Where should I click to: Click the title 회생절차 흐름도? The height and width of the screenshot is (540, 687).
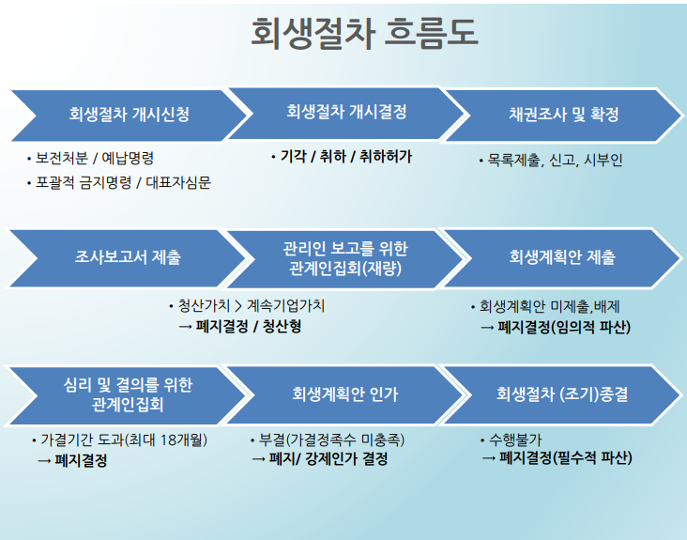[364, 34]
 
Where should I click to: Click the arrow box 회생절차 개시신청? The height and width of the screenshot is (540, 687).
[129, 116]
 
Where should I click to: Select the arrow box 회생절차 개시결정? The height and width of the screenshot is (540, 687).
[346, 113]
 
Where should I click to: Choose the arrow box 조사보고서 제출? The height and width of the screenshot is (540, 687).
[129, 255]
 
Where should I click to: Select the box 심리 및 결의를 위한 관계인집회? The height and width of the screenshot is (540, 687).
[129, 394]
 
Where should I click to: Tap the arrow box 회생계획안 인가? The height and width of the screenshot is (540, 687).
[345, 394]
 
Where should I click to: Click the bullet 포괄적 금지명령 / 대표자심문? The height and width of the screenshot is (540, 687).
[123, 182]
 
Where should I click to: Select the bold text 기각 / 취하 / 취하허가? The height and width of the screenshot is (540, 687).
[345, 157]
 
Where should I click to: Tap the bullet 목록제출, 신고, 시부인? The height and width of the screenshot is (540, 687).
[554, 160]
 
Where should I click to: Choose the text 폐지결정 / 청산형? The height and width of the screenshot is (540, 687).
[248, 327]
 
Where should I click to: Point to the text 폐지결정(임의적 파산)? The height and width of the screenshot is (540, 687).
[563, 328]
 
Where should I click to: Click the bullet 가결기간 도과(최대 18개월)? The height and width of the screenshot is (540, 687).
[123, 440]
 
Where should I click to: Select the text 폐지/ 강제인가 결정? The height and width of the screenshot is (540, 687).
[328, 460]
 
